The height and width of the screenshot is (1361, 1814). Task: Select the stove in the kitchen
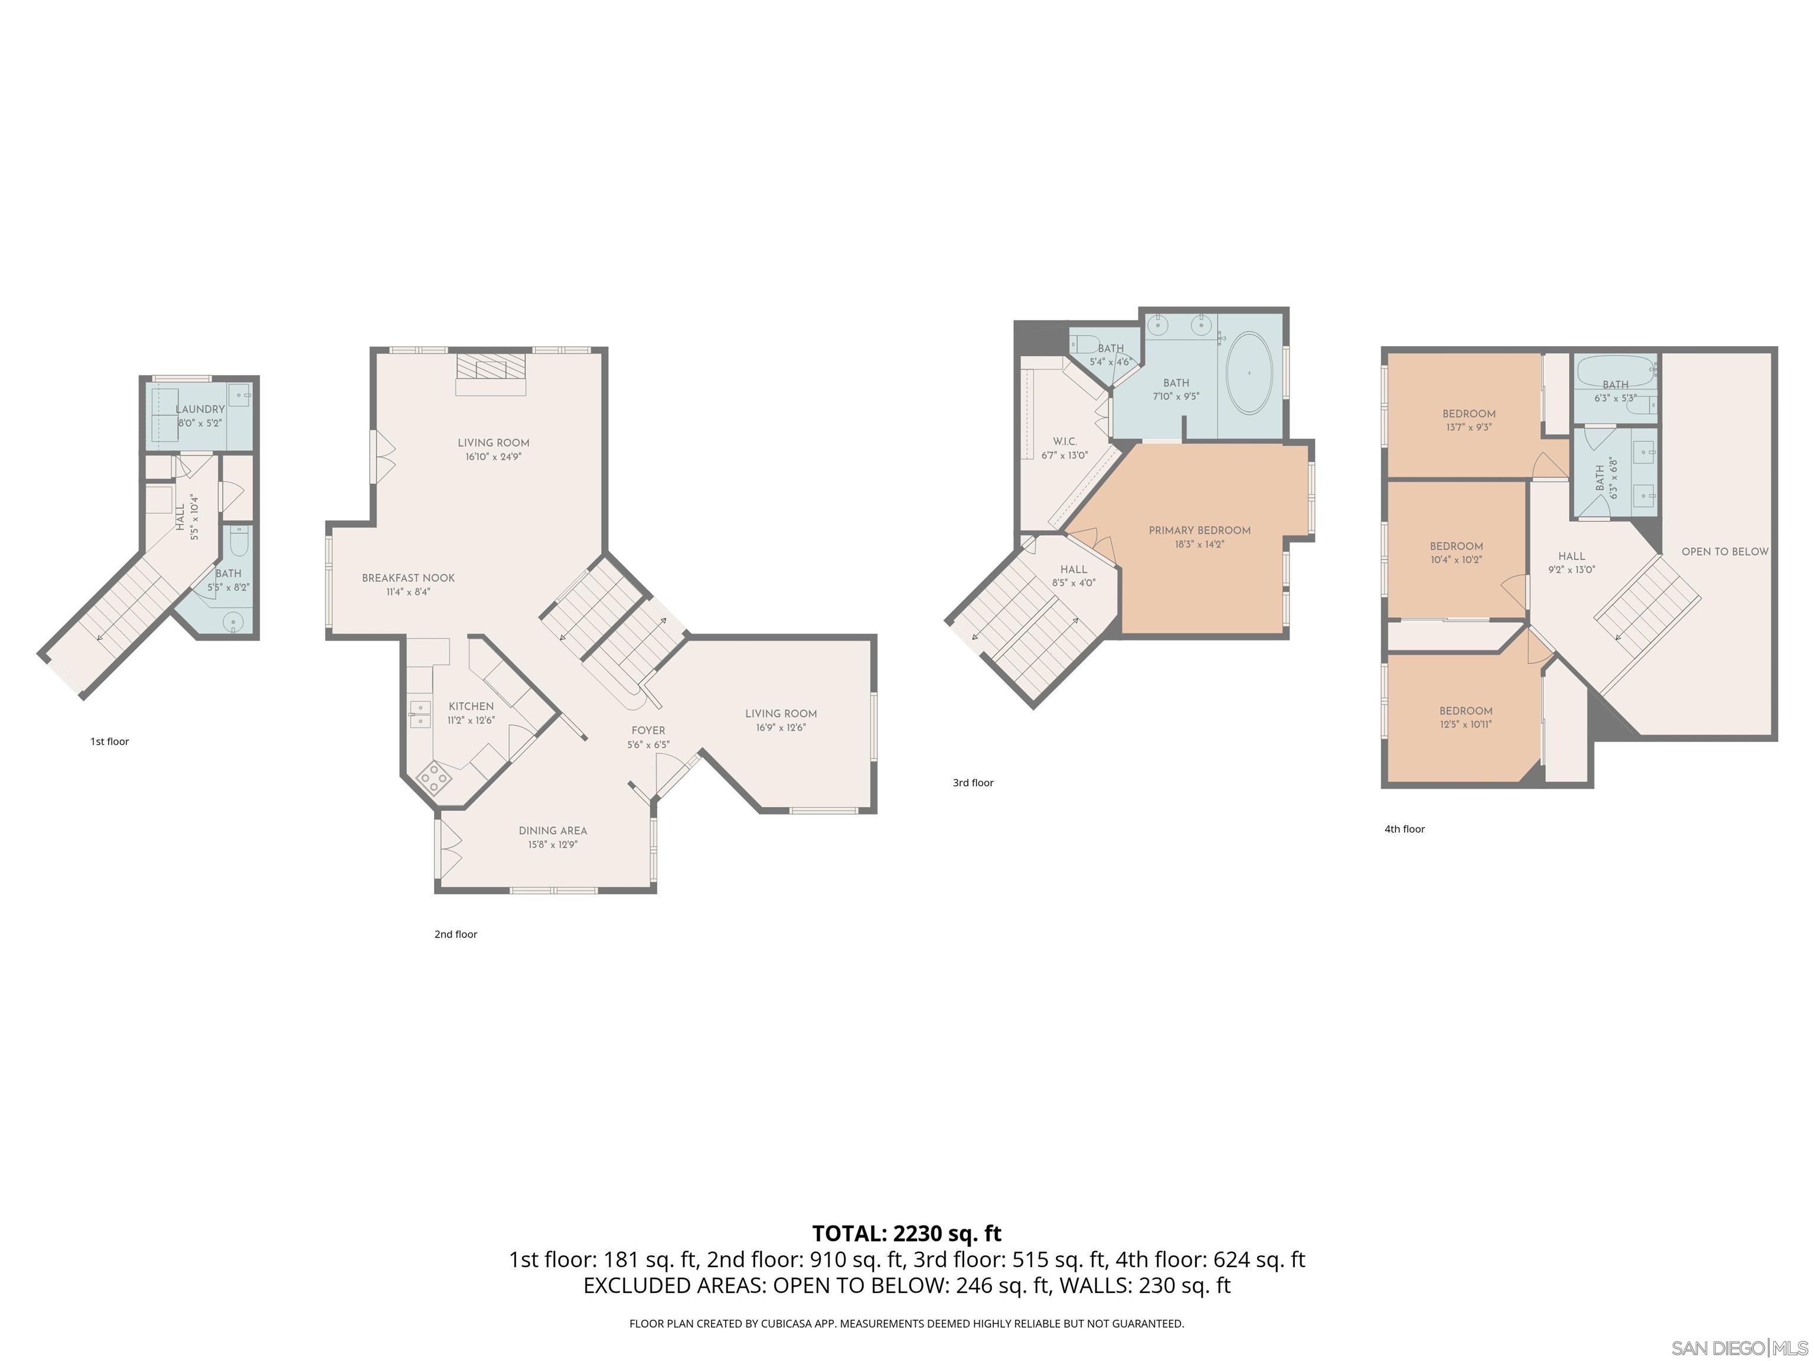pos(433,777)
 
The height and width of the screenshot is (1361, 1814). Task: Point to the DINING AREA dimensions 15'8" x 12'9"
pos(553,844)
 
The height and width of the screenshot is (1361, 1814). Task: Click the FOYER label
pos(648,731)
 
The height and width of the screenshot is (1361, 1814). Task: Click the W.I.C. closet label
pos(1065,441)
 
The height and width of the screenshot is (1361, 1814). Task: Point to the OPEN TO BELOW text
pos(1725,551)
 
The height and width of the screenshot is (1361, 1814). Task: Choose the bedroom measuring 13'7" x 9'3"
pos(1468,419)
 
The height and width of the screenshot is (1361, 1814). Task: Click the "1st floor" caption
pos(109,741)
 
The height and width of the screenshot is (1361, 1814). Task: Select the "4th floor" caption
pos(1404,829)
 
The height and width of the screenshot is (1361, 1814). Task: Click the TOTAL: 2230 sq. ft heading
pos(906,1233)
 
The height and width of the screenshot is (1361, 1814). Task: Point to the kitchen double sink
pos(420,713)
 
